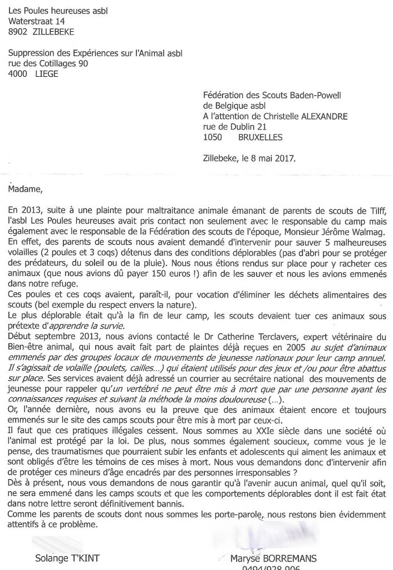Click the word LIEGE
pyautogui.click(x=46, y=74)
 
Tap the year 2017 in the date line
pyautogui.click(x=286, y=158)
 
